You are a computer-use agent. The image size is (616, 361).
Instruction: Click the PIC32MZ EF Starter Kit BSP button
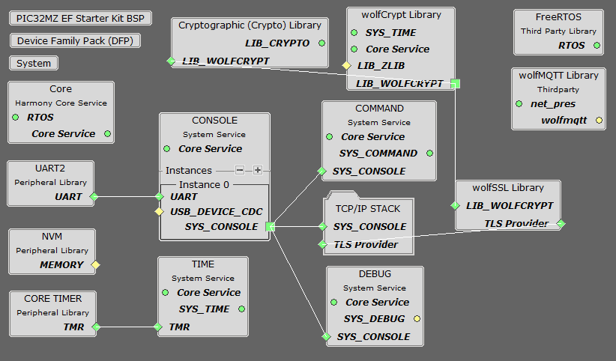pos(80,18)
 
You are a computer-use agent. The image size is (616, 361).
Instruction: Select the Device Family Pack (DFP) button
pos(75,40)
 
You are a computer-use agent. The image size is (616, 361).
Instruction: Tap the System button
pos(34,64)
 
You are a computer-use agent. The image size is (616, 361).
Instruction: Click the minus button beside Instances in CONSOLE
pos(240,170)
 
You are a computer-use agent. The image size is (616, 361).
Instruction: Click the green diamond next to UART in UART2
pos(94,197)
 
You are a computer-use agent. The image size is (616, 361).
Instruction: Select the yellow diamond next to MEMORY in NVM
pos(95,264)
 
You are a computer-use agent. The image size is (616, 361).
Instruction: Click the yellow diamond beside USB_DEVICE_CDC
pos(159,212)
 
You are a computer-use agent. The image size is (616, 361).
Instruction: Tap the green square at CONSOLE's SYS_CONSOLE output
pos(270,226)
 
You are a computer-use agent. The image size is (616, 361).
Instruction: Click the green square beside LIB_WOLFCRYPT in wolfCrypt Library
pos(456,83)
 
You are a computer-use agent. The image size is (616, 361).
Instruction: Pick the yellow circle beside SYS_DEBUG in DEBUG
pos(417,319)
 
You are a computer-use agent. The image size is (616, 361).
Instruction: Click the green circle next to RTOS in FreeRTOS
pos(597,46)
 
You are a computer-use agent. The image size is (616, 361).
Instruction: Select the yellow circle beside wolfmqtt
pos(599,120)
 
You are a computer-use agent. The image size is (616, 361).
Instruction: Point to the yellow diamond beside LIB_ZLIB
pos(346,66)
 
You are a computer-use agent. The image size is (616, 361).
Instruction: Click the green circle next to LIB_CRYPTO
pos(321,43)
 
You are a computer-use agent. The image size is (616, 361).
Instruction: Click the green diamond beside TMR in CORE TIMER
pos(95,327)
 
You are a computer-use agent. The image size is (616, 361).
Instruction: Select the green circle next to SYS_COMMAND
pos(429,154)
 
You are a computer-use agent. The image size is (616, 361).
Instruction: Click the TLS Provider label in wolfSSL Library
pos(516,223)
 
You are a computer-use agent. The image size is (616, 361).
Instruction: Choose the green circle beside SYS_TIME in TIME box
pos(241,309)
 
